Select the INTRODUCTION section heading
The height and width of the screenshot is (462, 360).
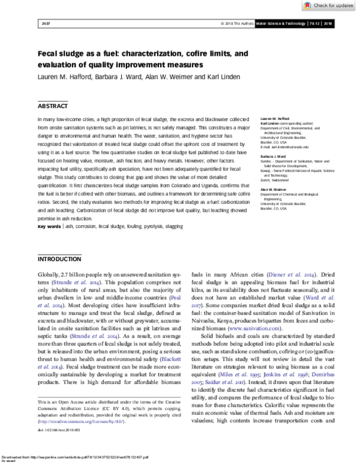[59, 260]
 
